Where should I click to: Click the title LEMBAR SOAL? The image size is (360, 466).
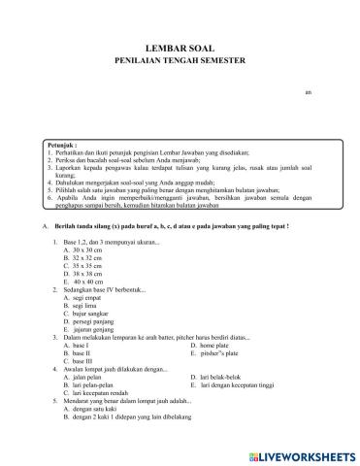coord(180,45)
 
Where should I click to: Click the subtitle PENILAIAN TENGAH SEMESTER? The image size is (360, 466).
coord(180,59)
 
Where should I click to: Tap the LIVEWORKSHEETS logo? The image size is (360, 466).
coord(302,453)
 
